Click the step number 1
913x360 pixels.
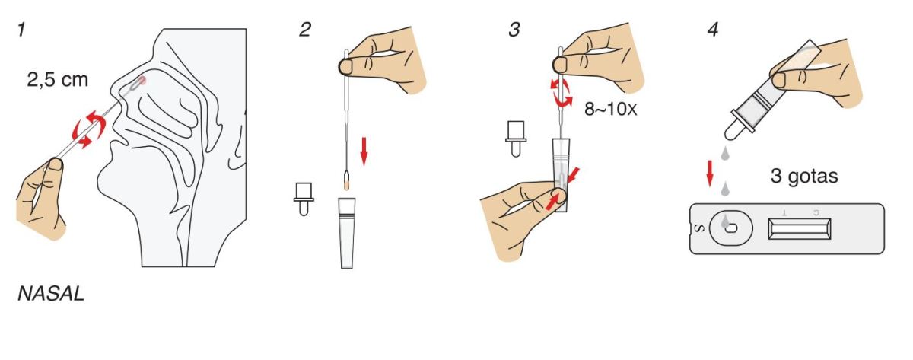(x=21, y=30)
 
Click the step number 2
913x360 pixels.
(x=305, y=30)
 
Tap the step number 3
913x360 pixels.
(x=514, y=30)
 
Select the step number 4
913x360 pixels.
(x=713, y=30)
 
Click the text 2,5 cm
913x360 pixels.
(x=58, y=79)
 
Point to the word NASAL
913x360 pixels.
(x=51, y=294)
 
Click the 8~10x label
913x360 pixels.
(x=610, y=109)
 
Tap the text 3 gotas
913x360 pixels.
(x=804, y=176)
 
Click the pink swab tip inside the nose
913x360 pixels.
(x=141, y=81)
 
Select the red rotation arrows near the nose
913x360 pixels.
(x=89, y=129)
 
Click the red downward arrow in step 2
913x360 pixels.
(x=364, y=151)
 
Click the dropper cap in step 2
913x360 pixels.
(x=304, y=199)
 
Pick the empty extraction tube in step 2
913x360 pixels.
(x=347, y=233)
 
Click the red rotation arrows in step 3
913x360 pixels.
(x=561, y=94)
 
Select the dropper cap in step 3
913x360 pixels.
(x=516, y=139)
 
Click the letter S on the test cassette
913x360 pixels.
(x=699, y=229)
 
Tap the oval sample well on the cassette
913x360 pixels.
(x=730, y=228)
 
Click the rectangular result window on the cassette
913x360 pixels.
(x=800, y=229)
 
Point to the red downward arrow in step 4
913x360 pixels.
(x=710, y=174)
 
